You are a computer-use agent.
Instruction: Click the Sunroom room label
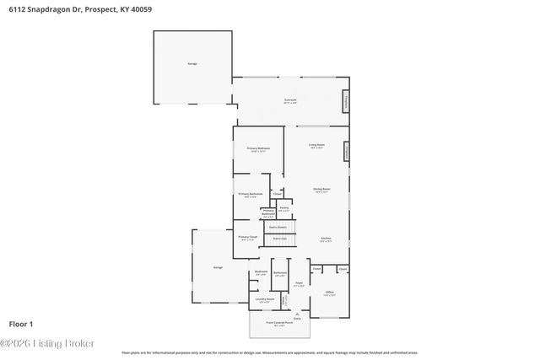point(290,100)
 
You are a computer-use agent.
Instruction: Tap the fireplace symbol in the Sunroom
point(344,102)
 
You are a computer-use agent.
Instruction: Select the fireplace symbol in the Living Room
point(345,152)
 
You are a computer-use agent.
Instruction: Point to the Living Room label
point(316,147)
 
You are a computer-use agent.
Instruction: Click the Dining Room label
point(321,190)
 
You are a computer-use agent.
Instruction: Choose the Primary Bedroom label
point(258,149)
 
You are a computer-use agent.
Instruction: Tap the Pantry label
point(284,208)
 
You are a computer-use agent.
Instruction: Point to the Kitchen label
point(326,239)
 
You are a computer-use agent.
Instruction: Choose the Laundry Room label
point(265,299)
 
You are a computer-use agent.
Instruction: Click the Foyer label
point(299,283)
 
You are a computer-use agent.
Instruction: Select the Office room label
point(330,293)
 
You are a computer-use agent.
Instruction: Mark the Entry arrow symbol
point(296,312)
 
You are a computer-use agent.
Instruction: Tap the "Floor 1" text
point(20,323)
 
